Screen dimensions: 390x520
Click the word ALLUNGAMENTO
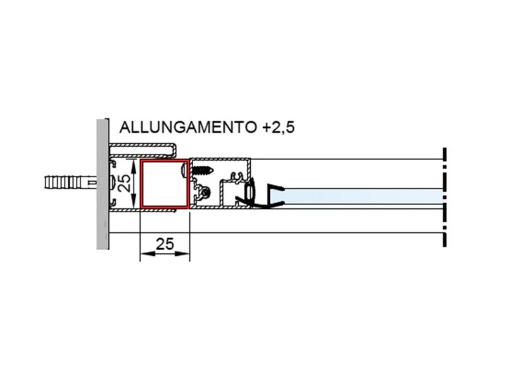click(x=187, y=127)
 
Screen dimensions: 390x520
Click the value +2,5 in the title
click(x=278, y=127)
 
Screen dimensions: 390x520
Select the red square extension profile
click(x=165, y=184)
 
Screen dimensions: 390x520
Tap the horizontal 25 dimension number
click(x=165, y=244)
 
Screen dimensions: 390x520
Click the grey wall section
click(x=103, y=184)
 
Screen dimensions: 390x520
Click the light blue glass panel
click(x=361, y=196)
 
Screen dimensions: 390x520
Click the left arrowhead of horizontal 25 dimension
click(x=143, y=255)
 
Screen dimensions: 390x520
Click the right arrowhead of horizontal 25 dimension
click(x=186, y=255)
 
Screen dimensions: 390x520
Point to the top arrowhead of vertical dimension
click(x=134, y=164)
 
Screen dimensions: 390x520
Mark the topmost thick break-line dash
click(x=445, y=153)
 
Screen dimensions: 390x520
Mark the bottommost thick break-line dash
click(x=445, y=240)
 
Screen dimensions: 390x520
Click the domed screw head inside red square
click(x=186, y=170)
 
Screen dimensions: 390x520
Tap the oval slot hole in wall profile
click(x=112, y=183)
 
